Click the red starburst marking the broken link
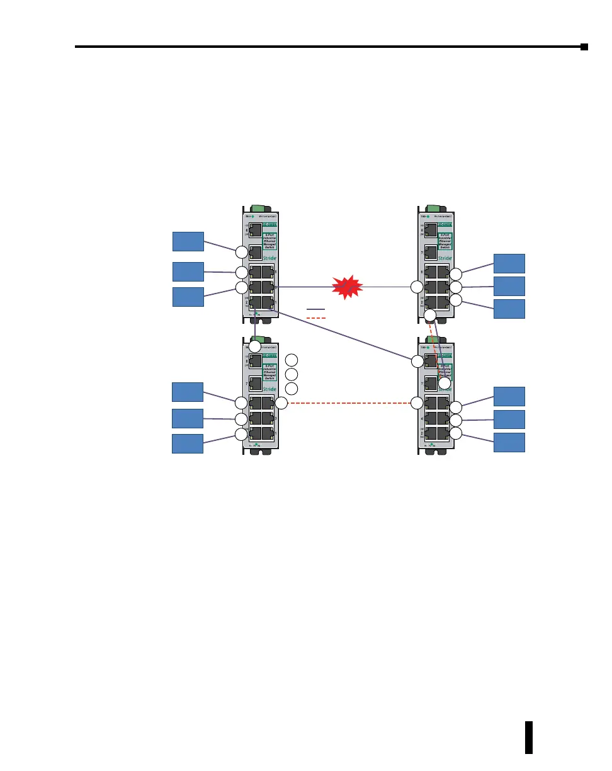(x=346, y=287)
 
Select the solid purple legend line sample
(x=316, y=309)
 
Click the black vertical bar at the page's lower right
(x=529, y=738)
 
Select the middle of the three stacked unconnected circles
(x=291, y=374)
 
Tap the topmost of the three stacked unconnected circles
(x=291, y=360)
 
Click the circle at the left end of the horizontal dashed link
(x=281, y=403)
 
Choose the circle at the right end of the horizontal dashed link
(x=417, y=403)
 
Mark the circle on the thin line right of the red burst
(x=416, y=287)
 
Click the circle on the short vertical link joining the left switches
(x=254, y=346)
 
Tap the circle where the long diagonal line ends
(x=416, y=362)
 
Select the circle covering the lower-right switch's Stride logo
(x=445, y=383)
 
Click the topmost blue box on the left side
(x=188, y=241)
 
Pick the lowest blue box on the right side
(x=509, y=442)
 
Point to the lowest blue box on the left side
(x=188, y=443)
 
